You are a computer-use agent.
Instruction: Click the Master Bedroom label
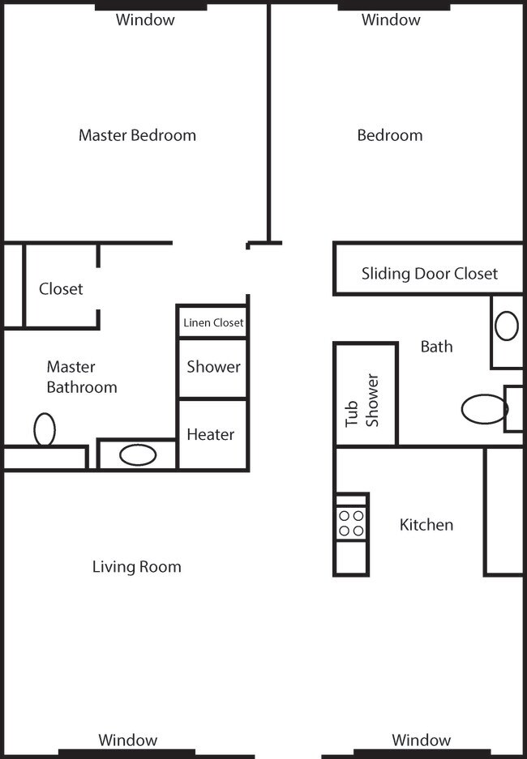137,135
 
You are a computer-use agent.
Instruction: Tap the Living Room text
136,567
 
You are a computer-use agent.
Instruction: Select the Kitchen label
426,525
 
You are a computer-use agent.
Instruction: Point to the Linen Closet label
213,322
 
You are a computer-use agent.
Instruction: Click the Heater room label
211,434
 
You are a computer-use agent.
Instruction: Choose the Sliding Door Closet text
430,274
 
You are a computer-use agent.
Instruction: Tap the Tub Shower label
362,400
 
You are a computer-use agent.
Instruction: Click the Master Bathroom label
82,377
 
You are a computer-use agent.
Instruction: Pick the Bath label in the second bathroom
436,347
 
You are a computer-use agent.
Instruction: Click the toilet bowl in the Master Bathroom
45,429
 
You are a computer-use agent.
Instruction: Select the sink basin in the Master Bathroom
138,455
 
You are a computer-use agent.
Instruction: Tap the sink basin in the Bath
507,326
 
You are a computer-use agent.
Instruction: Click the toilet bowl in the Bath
484,409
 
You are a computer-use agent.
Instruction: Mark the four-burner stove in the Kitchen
351,524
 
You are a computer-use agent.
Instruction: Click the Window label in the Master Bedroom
145,20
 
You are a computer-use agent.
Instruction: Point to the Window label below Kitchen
422,740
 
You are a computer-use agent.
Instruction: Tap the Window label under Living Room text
128,740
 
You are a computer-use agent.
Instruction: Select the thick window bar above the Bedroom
394,6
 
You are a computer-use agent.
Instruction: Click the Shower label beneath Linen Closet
213,366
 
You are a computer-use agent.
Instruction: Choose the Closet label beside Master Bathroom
61,289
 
